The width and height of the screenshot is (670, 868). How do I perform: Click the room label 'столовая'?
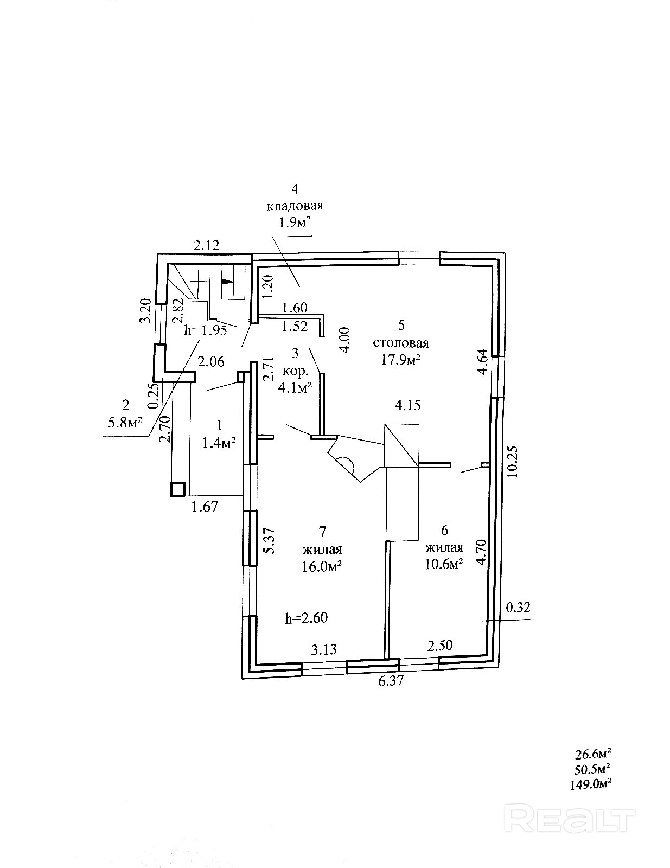[401, 343]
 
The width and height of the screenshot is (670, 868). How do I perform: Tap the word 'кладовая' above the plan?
[295, 206]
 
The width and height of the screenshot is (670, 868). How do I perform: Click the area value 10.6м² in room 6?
[444, 564]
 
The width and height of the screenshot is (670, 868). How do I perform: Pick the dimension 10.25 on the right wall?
[513, 461]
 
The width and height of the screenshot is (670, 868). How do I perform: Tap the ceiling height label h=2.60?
[306, 617]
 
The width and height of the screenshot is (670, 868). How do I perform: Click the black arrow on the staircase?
[227, 282]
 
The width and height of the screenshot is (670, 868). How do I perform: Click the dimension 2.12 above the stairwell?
[207, 245]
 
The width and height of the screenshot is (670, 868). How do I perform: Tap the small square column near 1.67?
[177, 489]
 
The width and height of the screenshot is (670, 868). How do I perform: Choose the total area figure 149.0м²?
[594, 783]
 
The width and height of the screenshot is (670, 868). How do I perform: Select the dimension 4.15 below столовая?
[407, 405]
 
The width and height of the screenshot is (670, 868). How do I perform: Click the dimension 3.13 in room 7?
[323, 649]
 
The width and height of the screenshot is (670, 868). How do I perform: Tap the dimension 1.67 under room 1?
[205, 507]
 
